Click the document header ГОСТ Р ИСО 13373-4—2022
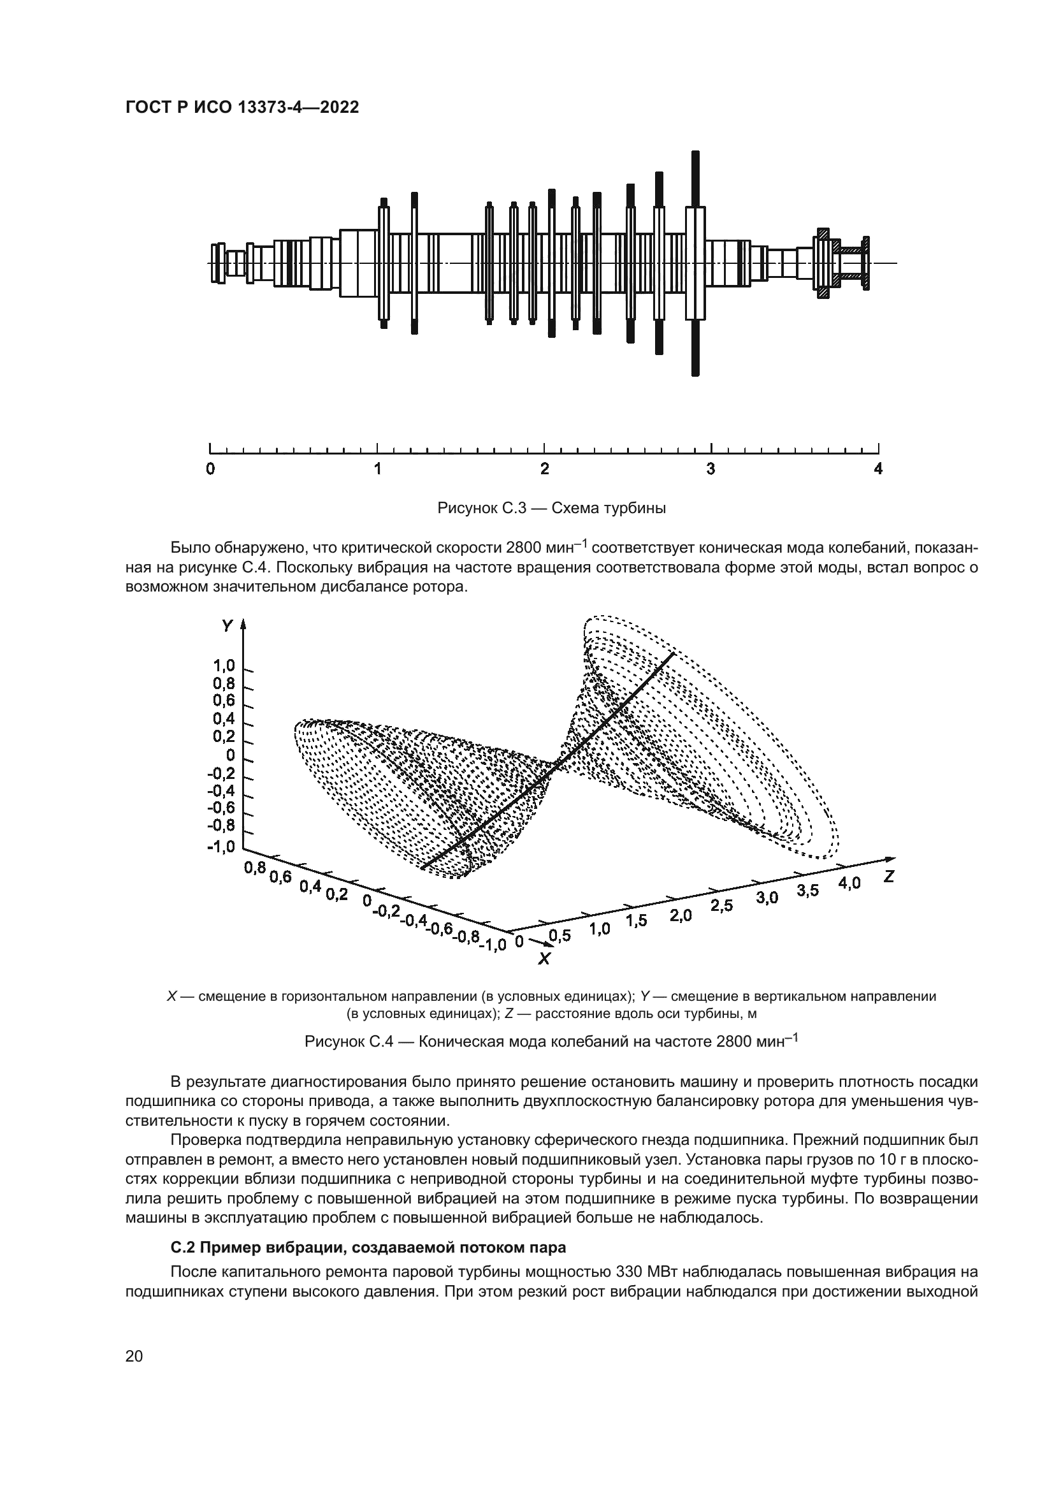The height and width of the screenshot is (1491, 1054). tap(242, 108)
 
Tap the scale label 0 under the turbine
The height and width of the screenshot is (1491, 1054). tap(210, 469)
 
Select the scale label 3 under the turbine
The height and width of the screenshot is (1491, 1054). tap(711, 469)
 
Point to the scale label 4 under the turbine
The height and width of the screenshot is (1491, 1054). tap(878, 469)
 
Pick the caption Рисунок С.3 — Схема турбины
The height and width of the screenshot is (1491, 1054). tap(552, 508)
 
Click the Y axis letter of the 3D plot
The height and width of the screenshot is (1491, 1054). tap(227, 626)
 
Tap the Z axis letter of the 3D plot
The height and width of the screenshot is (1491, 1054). tap(888, 876)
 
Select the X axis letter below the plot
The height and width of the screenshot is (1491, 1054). tap(544, 959)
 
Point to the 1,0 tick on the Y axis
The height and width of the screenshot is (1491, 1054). tap(223, 665)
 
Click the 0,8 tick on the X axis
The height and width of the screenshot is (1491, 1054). tap(255, 868)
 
